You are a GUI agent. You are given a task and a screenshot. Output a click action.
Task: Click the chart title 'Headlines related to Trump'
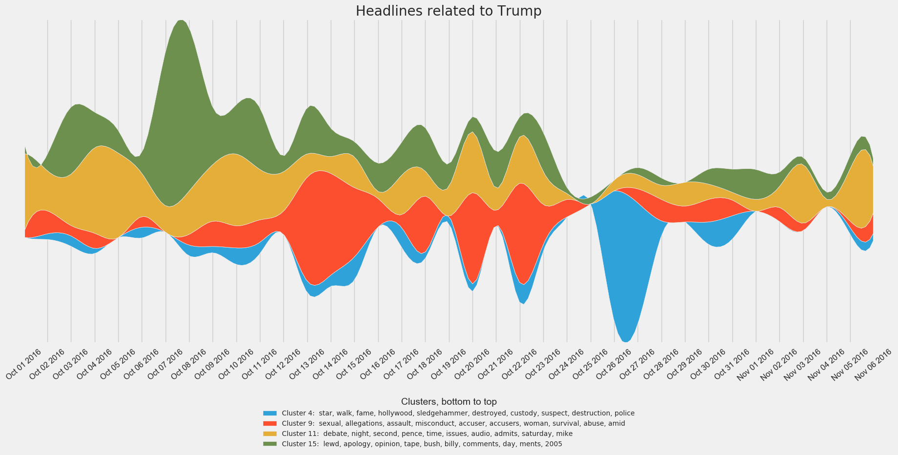[x=449, y=11]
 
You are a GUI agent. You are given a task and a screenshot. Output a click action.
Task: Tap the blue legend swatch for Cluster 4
[x=270, y=413]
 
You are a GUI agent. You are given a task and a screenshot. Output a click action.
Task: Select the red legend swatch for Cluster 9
[x=270, y=423]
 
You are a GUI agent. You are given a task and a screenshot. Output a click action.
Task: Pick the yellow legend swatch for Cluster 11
[x=270, y=434]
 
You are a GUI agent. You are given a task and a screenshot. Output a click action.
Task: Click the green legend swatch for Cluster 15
[x=270, y=444]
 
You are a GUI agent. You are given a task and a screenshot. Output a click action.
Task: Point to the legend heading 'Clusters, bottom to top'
[x=449, y=401]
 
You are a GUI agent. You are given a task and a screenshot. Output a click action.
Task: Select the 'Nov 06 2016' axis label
[x=874, y=363]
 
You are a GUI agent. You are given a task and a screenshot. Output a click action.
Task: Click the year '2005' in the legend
[x=554, y=444]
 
